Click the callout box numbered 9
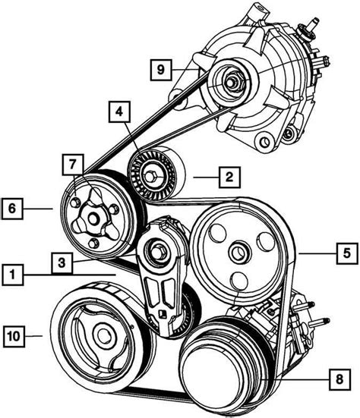[161, 70]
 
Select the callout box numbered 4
[119, 112]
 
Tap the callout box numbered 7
[73, 165]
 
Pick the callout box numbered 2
[229, 178]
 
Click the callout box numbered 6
[12, 209]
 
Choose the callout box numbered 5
[346, 253]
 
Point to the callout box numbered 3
[62, 262]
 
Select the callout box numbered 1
[13, 275]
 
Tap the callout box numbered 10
[14, 336]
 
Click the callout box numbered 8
[339, 379]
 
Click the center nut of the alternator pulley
[231, 83]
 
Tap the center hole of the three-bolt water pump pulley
[93, 219]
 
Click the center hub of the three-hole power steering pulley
[238, 253]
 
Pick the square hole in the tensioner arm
[163, 314]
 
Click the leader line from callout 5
[317, 253]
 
